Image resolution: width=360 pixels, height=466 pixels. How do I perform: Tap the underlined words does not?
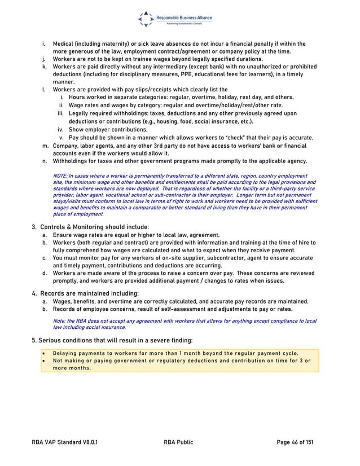click(x=95, y=321)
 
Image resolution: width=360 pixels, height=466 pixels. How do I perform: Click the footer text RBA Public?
click(x=178, y=442)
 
